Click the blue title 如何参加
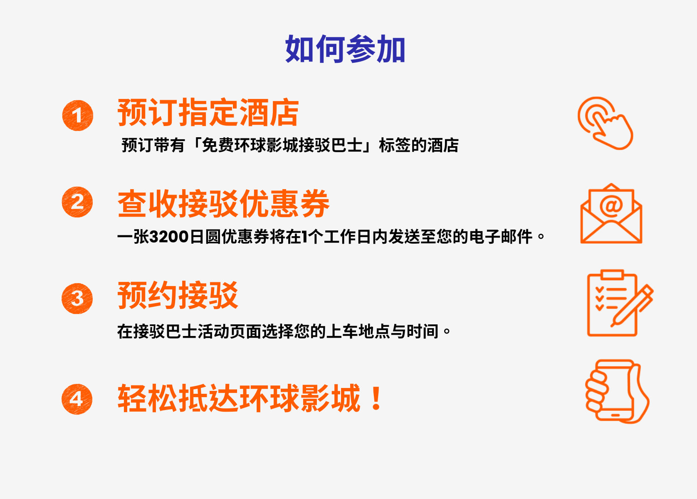[345, 49]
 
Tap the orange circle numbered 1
[77, 116]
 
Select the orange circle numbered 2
[77, 202]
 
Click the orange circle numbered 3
[77, 299]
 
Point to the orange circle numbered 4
[77, 399]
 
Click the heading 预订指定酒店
[208, 113]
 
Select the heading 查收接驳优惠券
[223, 204]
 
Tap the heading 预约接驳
[178, 295]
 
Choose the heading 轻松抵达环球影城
[239, 398]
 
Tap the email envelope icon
[611, 214]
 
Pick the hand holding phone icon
[617, 391]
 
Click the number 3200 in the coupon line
[169, 237]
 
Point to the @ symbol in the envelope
[611, 205]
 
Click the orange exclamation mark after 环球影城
[376, 398]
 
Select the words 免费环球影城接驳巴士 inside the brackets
[282, 146]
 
